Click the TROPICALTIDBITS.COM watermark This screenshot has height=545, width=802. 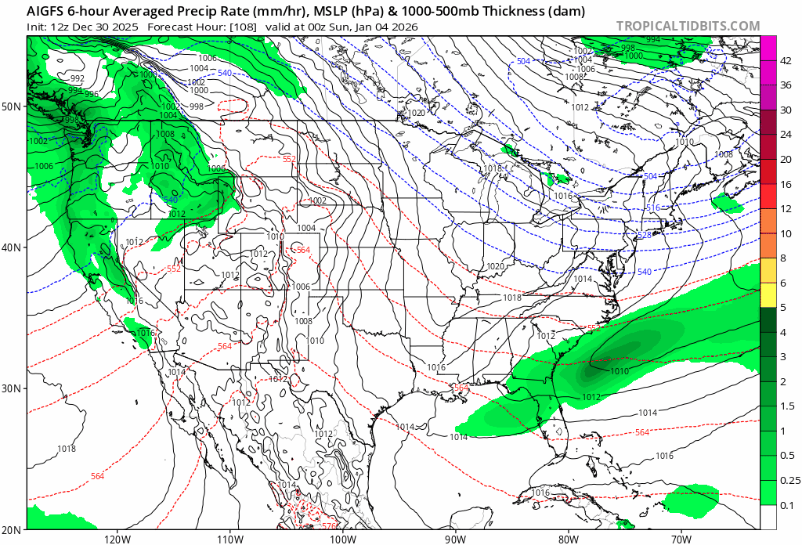click(688, 26)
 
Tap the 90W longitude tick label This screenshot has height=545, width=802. click(455, 538)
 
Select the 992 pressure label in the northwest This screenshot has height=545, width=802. click(77, 79)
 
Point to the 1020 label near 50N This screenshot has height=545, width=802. click(416, 114)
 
